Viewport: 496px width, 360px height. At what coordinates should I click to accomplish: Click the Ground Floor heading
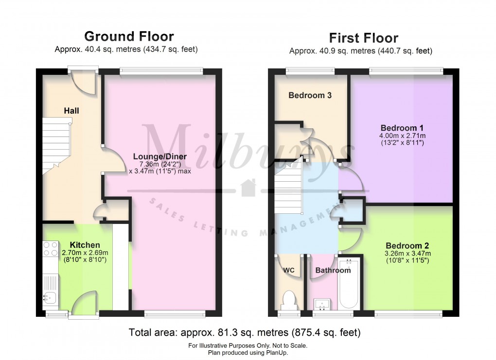129,36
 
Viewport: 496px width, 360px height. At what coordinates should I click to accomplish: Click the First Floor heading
363,38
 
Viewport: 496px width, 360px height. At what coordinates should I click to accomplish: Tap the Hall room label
71,111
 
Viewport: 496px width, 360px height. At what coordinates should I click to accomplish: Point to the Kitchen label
85,245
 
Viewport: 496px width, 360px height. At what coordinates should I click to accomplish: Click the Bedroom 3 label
310,95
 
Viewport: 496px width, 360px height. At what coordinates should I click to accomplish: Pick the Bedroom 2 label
408,245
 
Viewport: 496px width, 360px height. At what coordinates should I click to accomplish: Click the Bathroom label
333,270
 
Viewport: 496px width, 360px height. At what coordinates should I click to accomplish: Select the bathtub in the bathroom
349,284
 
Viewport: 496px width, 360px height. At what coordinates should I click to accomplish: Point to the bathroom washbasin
321,304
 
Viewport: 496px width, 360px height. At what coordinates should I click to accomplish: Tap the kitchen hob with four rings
51,249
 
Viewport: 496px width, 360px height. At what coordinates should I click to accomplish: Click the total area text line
245,333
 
